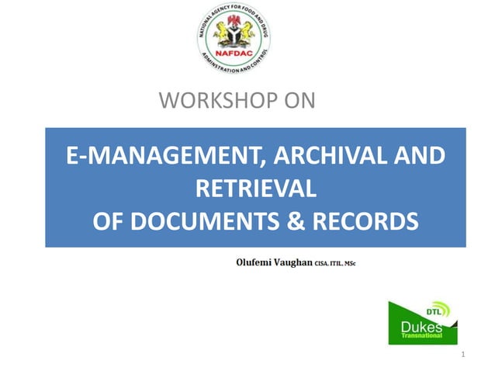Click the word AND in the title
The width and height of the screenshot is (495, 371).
pos(419,156)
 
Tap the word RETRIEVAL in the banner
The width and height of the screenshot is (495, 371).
pos(255,189)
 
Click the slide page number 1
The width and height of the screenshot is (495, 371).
pos(462,355)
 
